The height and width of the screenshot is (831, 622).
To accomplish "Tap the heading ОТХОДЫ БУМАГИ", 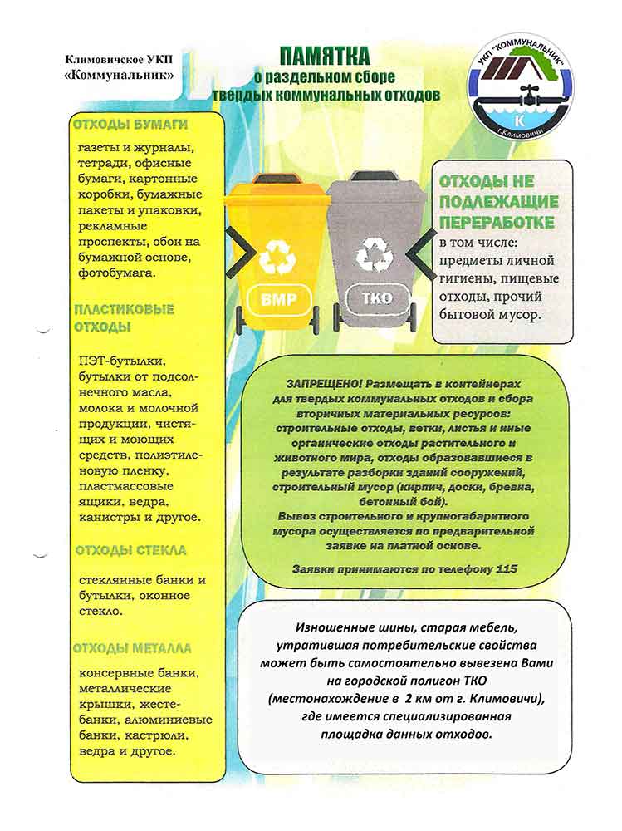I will (x=130, y=125).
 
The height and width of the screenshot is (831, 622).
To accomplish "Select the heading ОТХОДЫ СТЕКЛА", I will (x=130, y=550).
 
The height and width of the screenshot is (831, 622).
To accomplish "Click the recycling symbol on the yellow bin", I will (x=277, y=256).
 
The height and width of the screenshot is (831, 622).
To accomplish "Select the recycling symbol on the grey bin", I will (x=375, y=254).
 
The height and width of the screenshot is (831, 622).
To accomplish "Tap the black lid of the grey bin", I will (x=377, y=177).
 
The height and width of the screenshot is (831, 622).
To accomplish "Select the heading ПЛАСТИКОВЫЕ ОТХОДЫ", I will (x=125, y=317).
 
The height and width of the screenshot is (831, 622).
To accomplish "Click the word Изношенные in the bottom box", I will (x=332, y=629).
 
